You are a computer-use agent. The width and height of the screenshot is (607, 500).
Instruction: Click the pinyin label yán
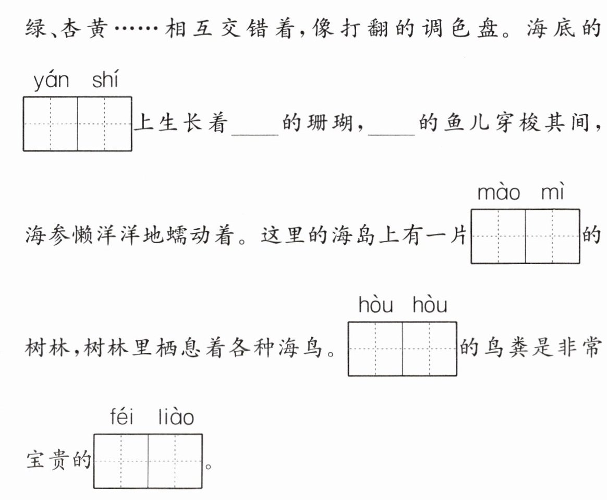pos(51,82)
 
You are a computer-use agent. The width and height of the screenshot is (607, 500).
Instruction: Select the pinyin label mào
pos(499,194)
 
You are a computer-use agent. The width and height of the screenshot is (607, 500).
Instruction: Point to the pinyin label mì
pos(553,193)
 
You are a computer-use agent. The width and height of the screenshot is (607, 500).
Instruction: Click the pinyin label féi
pos(122,418)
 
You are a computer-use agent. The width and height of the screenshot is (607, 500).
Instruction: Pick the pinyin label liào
pos(176,418)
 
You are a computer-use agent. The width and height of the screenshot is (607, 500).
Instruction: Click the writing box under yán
pos(51,124)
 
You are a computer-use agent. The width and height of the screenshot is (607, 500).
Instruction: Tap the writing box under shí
pos(105,124)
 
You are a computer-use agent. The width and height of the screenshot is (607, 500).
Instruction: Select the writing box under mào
pos(498,236)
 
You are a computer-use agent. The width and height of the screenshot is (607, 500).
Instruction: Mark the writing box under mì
pos(552,236)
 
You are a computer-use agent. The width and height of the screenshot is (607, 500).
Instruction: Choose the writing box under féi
pos(121,461)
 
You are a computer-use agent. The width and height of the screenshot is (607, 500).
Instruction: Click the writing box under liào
pos(175,461)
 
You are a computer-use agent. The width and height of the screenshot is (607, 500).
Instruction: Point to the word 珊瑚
pos(327,125)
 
